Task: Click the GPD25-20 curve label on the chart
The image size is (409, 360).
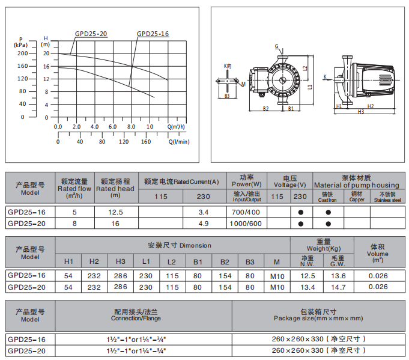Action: point(91,34)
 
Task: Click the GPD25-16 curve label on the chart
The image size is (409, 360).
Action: point(153,34)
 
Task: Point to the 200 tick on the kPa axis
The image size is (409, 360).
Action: point(22,53)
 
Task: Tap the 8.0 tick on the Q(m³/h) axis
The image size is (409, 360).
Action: point(131,127)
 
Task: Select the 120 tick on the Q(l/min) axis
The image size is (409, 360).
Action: point(124,142)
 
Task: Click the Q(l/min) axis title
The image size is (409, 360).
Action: point(179,142)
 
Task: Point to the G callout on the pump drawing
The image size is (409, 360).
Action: point(276,46)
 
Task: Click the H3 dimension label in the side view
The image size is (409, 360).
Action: point(361,111)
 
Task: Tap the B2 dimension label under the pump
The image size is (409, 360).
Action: point(265,108)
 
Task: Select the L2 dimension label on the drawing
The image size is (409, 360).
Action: point(305,68)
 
